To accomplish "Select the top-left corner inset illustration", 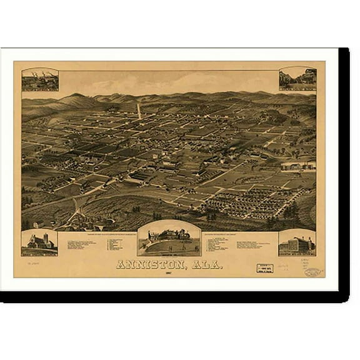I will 40,80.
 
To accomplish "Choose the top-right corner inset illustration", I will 297,79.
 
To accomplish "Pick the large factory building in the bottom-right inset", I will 297,243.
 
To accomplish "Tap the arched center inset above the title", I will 169,238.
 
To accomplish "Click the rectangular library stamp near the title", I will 265,268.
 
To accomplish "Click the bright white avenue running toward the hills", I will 139,111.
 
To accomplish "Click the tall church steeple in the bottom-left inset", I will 45,237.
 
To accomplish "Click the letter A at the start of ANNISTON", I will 121,264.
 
